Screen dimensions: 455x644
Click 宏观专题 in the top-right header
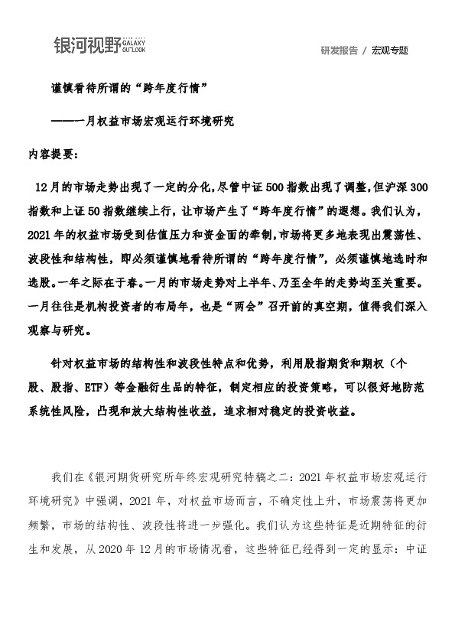pos(390,50)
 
